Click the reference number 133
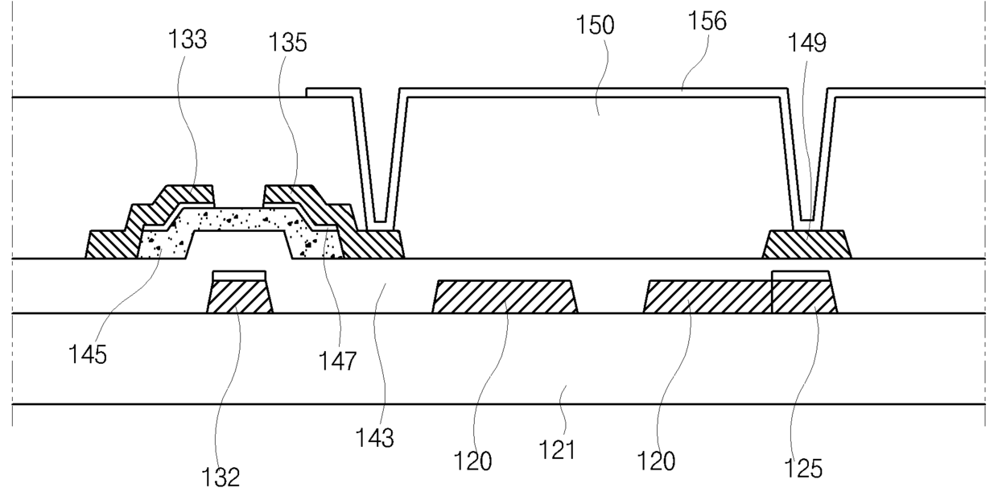coord(188,39)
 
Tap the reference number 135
coord(288,43)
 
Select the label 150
coord(596,25)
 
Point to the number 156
coord(707,21)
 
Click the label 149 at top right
coord(807,43)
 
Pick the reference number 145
coord(87,355)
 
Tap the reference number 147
coord(338,361)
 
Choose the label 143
coord(375,438)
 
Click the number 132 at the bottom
coord(221,478)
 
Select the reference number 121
coord(557,449)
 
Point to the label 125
coord(803,469)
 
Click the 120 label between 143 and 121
coord(472,461)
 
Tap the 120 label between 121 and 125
coord(656,461)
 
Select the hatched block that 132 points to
coord(240,297)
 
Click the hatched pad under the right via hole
coord(807,244)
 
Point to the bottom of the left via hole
coord(380,221)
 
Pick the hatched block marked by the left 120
coord(505,297)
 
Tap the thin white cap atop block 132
coord(239,276)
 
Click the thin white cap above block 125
coord(801,276)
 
